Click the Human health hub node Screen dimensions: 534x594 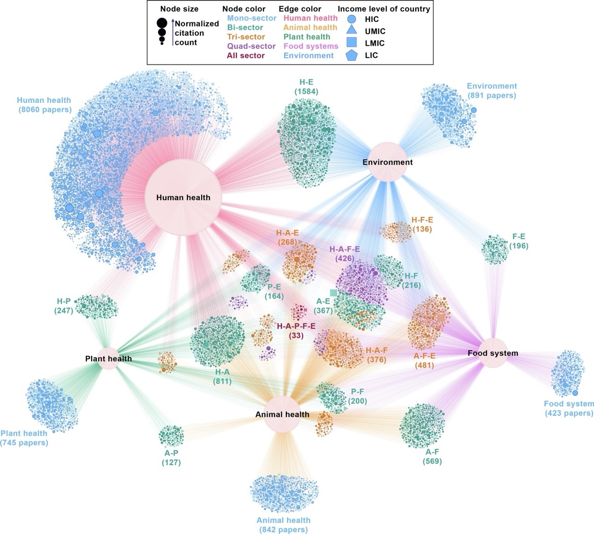(183, 197)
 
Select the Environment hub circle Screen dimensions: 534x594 (388, 162)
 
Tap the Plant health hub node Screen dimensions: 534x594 (109, 359)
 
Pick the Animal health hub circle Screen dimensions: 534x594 (282, 414)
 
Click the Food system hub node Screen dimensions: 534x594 (493, 353)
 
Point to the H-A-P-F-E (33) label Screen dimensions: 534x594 (296, 331)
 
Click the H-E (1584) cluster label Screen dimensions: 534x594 (306, 87)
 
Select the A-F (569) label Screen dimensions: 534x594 (432, 456)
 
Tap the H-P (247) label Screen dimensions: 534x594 (64, 306)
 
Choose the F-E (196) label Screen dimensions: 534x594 (519, 241)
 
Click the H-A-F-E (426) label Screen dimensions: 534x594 (345, 254)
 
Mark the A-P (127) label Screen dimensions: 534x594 (171, 458)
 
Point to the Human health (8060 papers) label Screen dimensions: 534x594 (44, 105)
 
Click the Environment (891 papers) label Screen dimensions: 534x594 (492, 91)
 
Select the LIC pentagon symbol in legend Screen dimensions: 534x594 (352, 56)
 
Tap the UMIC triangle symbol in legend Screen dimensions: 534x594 (352, 31)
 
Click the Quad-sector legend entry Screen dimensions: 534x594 (251, 46)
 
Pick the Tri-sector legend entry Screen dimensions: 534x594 (246, 37)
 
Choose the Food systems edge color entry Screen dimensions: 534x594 (311, 46)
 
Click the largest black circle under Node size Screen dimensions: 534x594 (162, 22)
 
